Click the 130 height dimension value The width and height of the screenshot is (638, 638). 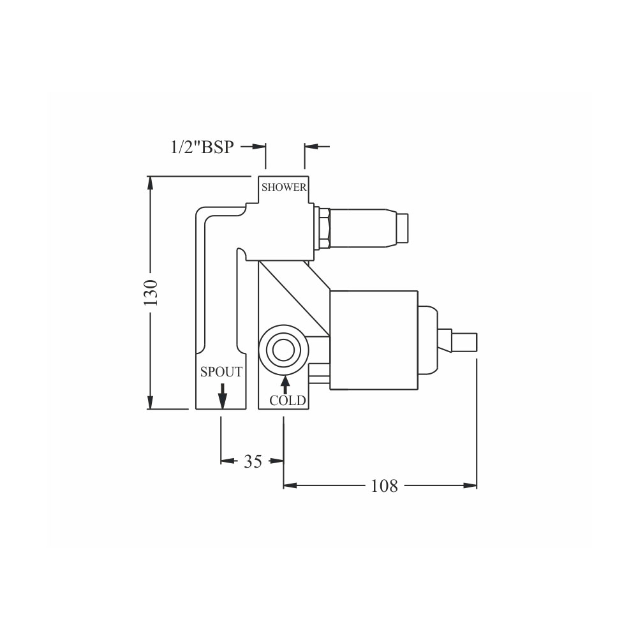tap(151, 293)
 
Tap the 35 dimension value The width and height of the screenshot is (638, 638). tap(253, 461)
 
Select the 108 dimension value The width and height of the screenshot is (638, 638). tap(384, 486)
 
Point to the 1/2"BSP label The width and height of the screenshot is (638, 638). tap(202, 147)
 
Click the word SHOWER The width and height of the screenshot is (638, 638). tap(284, 187)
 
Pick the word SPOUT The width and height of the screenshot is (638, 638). tap(221, 372)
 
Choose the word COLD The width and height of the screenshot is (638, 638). tap(288, 401)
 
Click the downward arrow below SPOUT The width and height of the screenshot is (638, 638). tap(222, 396)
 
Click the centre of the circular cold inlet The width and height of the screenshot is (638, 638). tap(284, 350)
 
